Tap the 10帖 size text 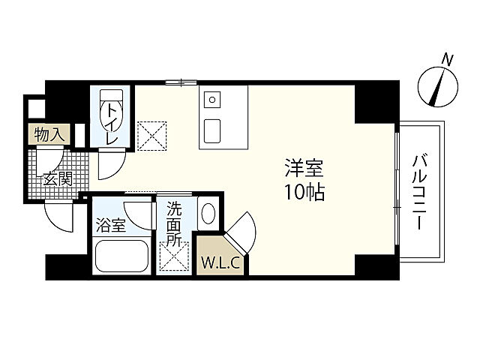coord(304,193)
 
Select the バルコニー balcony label coord(419,192)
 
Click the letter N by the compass coord(448,60)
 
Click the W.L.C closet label coord(220,263)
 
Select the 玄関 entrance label coord(58,179)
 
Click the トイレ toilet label coord(112,123)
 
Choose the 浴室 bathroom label coord(111,225)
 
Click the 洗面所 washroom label coord(174,225)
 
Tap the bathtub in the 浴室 coord(121,256)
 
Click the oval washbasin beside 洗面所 coord(208,214)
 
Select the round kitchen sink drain coord(212,100)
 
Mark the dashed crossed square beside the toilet coord(151,136)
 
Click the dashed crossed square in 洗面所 coord(174,256)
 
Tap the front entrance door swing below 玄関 coord(58,216)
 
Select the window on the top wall coord(181,82)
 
